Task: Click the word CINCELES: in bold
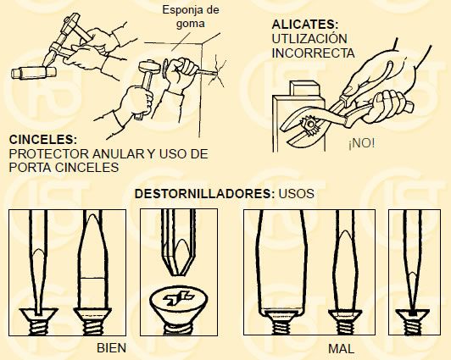(43, 140)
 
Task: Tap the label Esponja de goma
(191, 16)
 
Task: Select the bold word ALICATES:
(305, 24)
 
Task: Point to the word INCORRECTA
(313, 53)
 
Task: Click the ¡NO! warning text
(361, 143)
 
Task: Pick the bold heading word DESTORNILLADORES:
(205, 194)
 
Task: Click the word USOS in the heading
(296, 194)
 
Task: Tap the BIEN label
(112, 348)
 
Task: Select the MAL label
(341, 349)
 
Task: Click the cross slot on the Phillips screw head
(177, 298)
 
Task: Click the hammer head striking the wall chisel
(149, 66)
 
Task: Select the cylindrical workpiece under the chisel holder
(33, 73)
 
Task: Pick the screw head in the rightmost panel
(413, 314)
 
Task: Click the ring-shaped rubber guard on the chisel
(164, 69)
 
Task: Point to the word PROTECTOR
(48, 154)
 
